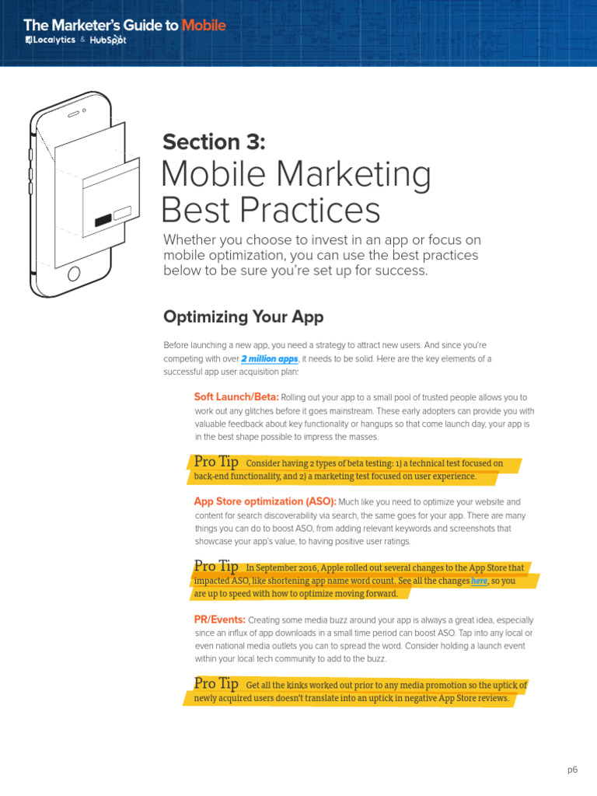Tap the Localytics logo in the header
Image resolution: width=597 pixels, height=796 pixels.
point(51,40)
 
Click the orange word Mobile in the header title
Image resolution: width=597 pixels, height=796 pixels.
point(204,26)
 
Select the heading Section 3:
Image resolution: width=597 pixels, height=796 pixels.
point(214,142)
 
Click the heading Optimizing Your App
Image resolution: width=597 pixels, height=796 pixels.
point(243,317)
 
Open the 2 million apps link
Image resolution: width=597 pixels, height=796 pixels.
point(270,359)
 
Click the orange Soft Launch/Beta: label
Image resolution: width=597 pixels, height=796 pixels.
point(236,397)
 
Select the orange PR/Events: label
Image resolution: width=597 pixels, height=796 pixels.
point(220,620)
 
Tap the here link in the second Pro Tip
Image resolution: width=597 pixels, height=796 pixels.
point(479,581)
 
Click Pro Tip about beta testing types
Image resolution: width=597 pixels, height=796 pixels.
point(216,463)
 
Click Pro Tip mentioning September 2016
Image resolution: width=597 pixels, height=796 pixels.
point(216,567)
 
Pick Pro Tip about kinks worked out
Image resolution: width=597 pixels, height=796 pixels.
point(216,684)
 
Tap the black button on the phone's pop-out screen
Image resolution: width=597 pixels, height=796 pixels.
point(103,221)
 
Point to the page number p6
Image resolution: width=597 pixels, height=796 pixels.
point(573,770)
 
